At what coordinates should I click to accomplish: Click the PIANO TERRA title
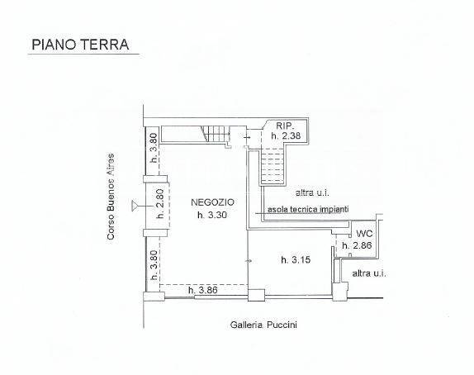point(79,45)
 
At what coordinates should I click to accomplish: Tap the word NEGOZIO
point(212,202)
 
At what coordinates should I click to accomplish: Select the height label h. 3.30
point(212,216)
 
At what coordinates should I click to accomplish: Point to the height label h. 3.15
point(295,260)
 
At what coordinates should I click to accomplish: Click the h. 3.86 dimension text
point(202,290)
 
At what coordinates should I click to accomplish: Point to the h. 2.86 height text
point(360,246)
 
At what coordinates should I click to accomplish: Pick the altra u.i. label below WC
point(370,272)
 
